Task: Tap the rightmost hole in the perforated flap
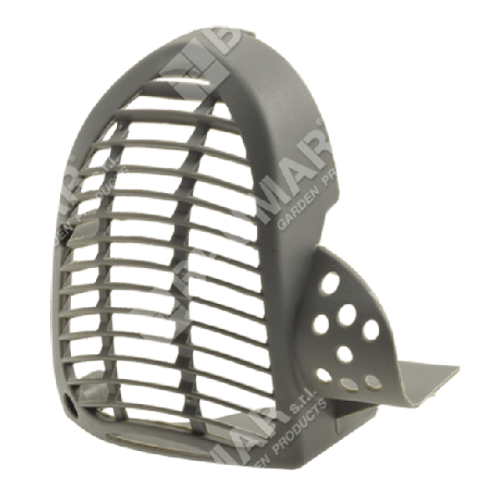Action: (x=370, y=330)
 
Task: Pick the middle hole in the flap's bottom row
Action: (x=347, y=383)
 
